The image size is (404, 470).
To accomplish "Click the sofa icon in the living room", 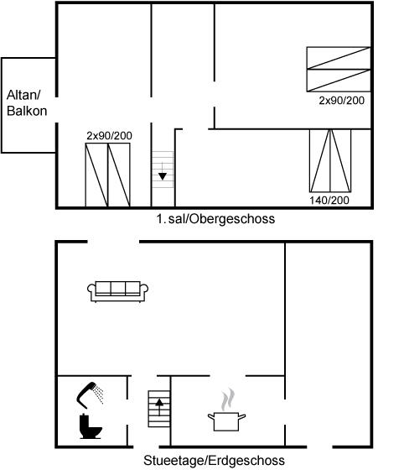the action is [117, 291].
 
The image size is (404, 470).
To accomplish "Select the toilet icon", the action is [91, 426].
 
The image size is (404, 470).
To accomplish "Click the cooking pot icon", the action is [226, 421].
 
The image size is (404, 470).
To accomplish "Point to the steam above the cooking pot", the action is [228, 399].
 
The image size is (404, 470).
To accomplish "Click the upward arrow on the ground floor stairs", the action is [159, 407].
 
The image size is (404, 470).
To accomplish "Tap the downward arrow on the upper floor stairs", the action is [163, 172].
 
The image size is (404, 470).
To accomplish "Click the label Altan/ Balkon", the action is [27, 102].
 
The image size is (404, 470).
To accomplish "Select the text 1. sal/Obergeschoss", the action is [215, 219].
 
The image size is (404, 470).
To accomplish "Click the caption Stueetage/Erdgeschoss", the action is [214, 461].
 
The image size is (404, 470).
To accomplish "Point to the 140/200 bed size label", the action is [329, 201].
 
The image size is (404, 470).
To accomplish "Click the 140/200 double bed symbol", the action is [330, 160].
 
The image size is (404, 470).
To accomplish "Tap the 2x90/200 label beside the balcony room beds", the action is [109, 136].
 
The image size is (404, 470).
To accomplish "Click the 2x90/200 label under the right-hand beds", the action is [341, 101].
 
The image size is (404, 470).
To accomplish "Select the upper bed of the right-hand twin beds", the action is [339, 58].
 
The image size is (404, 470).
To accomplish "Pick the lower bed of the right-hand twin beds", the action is [339, 81].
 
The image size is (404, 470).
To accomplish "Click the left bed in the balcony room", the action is [96, 175].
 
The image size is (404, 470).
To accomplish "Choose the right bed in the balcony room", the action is [119, 175].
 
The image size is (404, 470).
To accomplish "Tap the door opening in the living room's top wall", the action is [113, 242].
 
